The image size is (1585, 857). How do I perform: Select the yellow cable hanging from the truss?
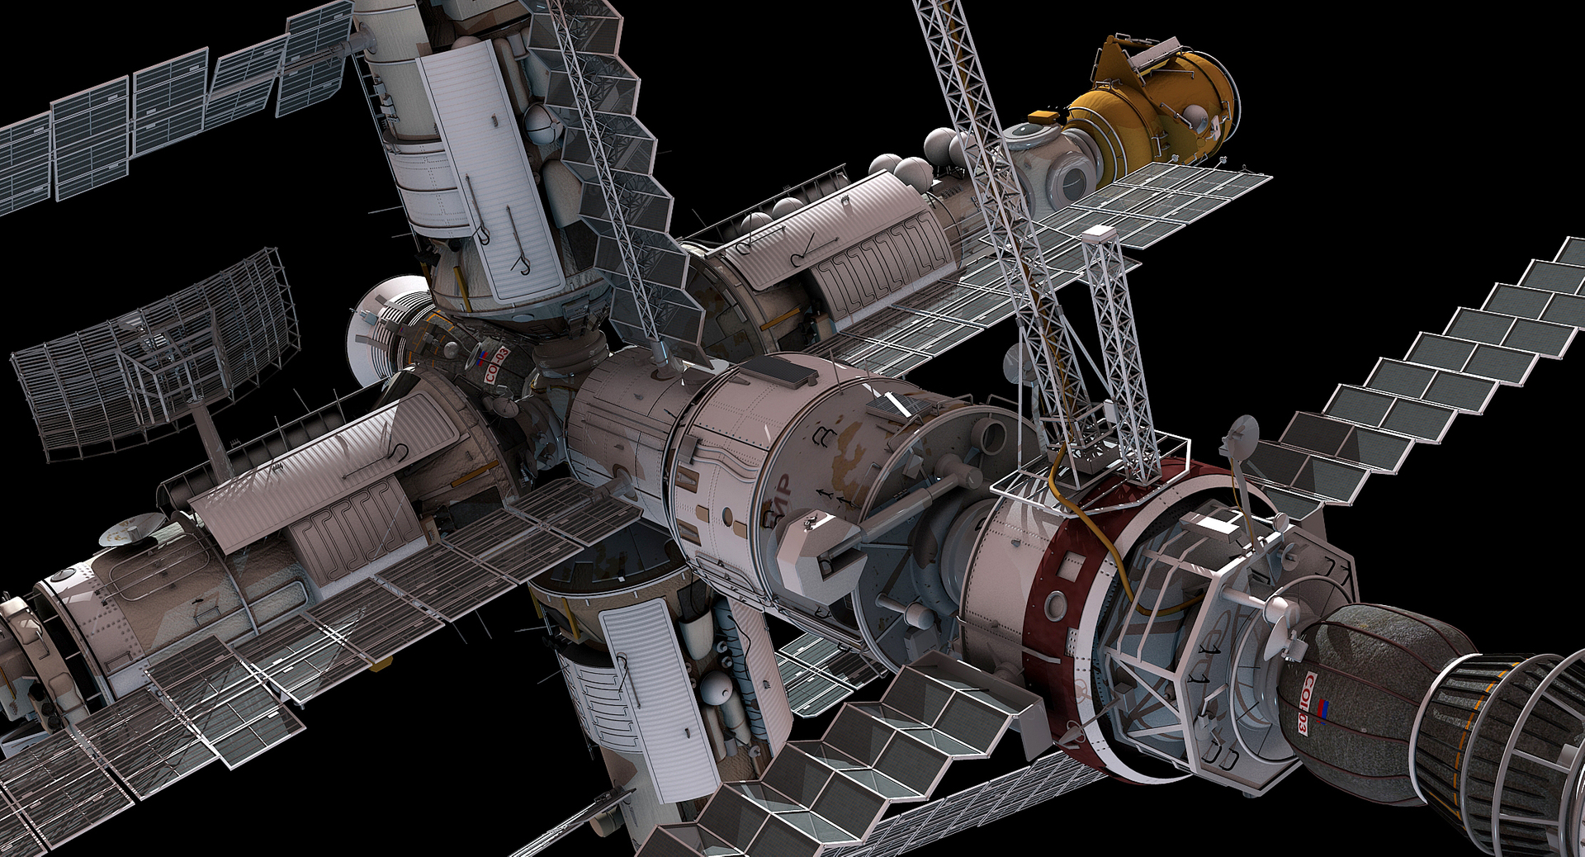[1098, 537]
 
